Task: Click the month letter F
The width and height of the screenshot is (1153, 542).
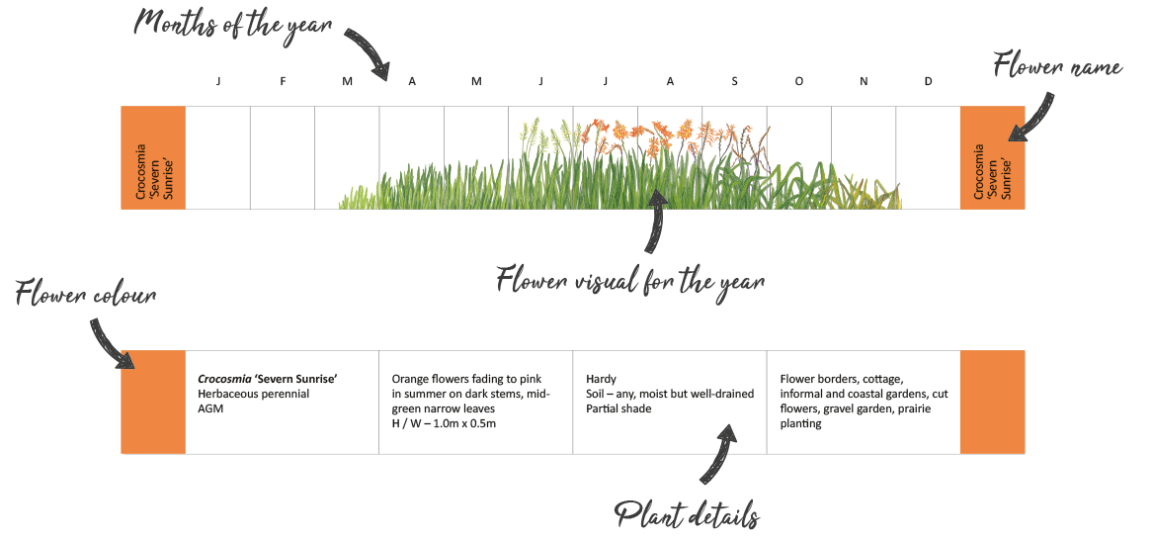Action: click(283, 82)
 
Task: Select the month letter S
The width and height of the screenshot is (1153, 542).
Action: click(734, 82)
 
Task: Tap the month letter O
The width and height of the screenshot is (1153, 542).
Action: click(798, 82)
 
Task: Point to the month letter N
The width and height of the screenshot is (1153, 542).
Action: click(864, 82)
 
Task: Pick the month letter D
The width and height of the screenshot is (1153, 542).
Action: click(928, 82)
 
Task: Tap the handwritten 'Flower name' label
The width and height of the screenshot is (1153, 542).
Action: click(1057, 68)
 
